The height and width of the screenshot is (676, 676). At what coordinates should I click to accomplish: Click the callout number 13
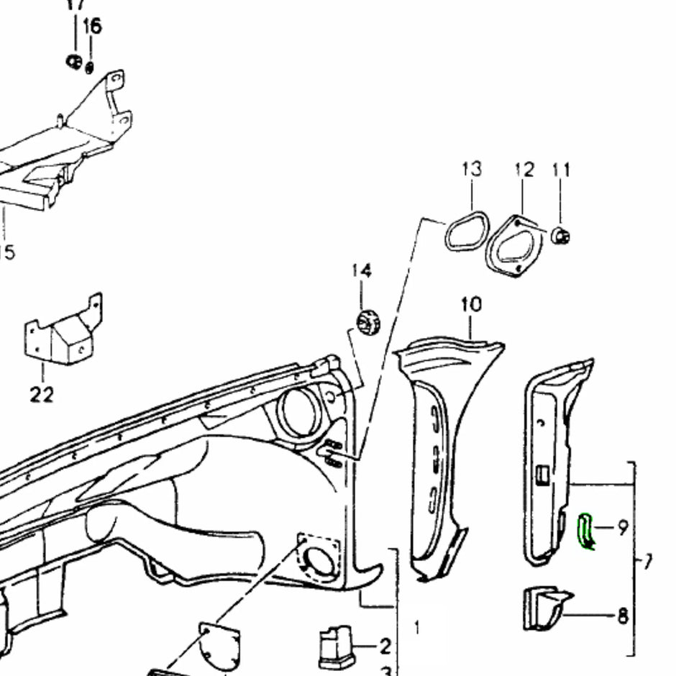[x=472, y=169]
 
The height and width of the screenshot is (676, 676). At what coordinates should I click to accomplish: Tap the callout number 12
[x=524, y=170]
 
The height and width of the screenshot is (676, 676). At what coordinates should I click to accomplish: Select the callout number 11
[x=561, y=170]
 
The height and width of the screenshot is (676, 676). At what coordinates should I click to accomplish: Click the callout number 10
[x=471, y=304]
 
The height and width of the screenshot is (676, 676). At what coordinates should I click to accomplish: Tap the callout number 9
[x=622, y=527]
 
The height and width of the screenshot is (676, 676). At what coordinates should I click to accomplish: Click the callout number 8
[x=623, y=616]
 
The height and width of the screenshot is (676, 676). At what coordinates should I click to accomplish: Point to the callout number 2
[x=385, y=645]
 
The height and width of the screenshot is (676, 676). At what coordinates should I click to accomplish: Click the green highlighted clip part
[x=586, y=531]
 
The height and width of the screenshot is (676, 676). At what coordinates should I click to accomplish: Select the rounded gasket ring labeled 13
[x=466, y=231]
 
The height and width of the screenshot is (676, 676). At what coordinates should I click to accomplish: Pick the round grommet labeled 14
[x=367, y=320]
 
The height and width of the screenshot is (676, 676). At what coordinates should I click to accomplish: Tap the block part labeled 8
[x=544, y=608]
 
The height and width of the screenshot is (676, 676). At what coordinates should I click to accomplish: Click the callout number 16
[x=92, y=27]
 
